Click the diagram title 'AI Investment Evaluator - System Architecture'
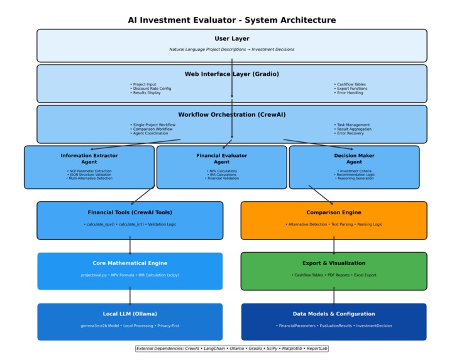point(232,20)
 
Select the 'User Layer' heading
point(232,39)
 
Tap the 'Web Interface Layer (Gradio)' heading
point(232,74)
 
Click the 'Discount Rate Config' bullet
point(152,89)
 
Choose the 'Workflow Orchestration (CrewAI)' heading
point(232,115)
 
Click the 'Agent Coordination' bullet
point(150,133)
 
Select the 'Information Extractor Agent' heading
point(89,158)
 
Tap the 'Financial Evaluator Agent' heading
point(222,158)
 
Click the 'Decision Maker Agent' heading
point(354,158)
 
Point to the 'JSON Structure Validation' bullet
point(89,175)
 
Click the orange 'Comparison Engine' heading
point(334,212)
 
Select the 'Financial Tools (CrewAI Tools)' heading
point(130,212)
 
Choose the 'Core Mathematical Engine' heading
point(130,263)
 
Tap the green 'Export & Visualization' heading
point(334,263)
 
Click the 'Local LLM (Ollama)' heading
point(130,314)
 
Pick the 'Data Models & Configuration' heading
point(334,314)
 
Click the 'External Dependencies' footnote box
point(232,349)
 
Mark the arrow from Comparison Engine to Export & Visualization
point(334,246)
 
